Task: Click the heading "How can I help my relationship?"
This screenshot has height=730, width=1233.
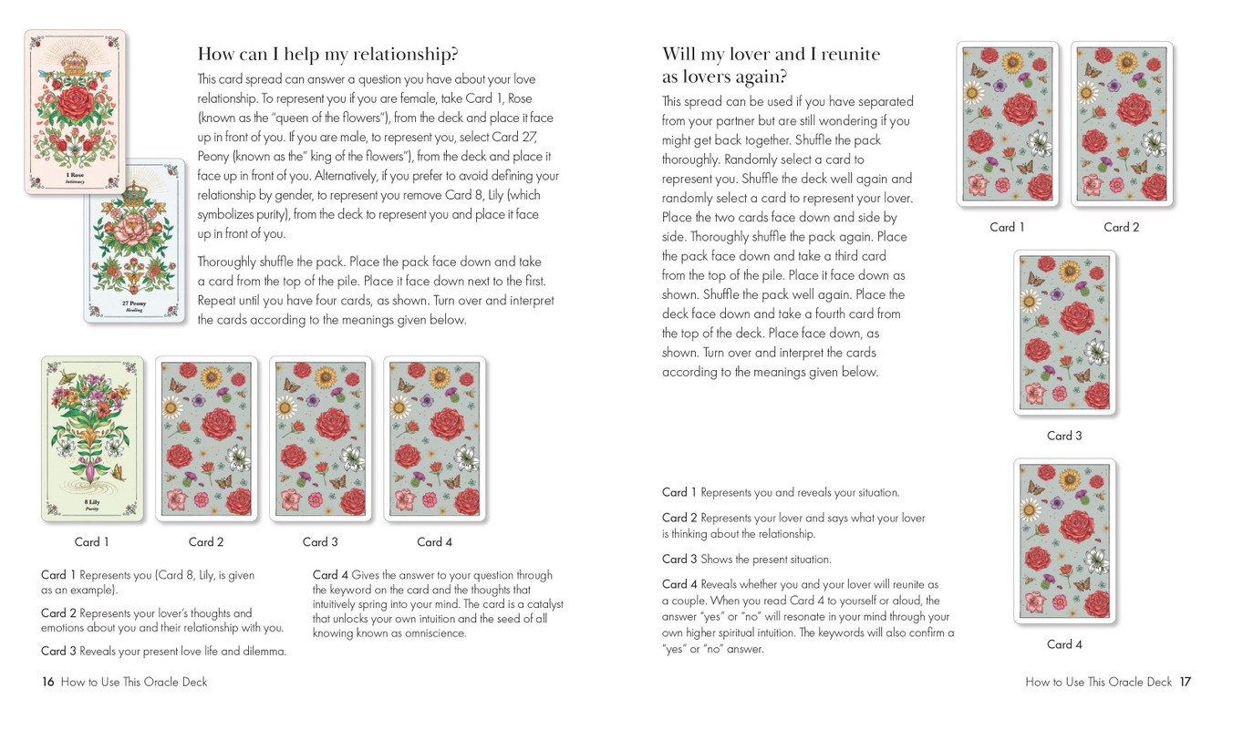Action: [x=327, y=53]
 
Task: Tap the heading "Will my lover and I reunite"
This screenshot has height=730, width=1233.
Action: [x=771, y=54]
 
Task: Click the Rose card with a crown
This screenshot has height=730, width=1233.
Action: [x=75, y=111]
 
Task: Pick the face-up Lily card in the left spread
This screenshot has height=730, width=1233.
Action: [x=92, y=438]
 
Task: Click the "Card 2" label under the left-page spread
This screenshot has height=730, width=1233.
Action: [x=206, y=542]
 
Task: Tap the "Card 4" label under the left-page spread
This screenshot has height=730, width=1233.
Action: [x=434, y=542]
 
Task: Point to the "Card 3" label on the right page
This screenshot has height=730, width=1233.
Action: [x=1063, y=436]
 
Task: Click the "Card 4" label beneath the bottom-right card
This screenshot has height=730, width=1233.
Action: [x=1063, y=644]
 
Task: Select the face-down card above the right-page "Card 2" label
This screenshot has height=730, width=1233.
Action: [x=1121, y=124]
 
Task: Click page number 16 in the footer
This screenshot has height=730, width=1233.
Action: [x=48, y=682]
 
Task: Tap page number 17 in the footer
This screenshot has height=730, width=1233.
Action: [x=1185, y=682]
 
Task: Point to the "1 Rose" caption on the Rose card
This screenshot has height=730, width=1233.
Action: [x=75, y=174]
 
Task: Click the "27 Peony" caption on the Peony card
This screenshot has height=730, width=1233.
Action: [x=134, y=303]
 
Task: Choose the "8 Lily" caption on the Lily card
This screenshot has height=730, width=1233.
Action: [x=92, y=502]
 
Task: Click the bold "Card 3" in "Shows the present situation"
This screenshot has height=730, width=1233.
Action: [x=679, y=560]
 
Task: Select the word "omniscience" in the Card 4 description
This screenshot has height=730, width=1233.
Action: [x=434, y=633]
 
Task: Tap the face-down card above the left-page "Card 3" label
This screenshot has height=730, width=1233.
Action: [x=320, y=438]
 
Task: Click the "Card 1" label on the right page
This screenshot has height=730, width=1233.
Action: [x=1007, y=228]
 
